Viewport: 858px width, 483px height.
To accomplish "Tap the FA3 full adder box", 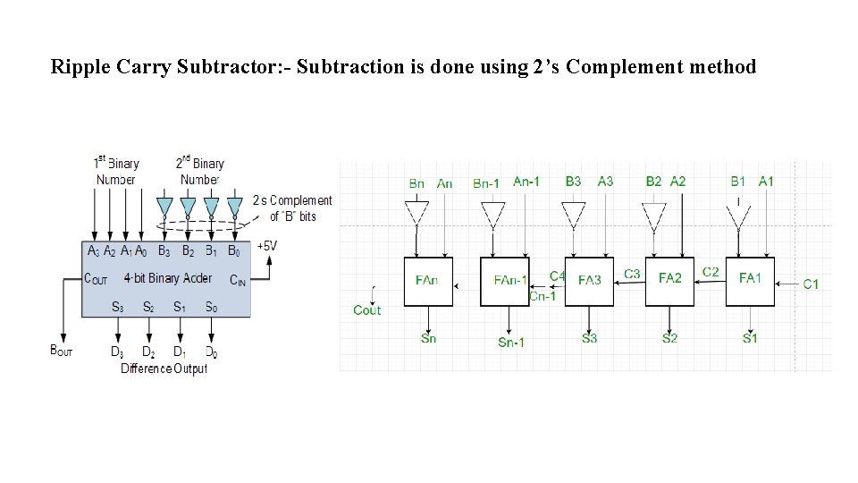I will [589, 281].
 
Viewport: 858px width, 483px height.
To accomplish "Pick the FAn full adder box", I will [428, 281].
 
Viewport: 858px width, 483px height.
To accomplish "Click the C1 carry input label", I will [811, 284].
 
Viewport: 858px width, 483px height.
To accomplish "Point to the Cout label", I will [366, 310].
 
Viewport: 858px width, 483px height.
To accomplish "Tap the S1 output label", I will [750, 338].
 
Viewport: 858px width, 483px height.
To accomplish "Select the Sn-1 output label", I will [510, 343].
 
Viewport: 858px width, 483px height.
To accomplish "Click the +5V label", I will [266, 245].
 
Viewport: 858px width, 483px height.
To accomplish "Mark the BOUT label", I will [62, 351].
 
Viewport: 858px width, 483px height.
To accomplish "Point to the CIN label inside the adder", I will [238, 280].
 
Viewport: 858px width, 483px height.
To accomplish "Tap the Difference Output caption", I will [164, 369].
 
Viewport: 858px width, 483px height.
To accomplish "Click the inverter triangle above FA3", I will [573, 214].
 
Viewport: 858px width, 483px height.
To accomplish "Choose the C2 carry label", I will [711, 272].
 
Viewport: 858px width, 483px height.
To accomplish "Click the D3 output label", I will [117, 352].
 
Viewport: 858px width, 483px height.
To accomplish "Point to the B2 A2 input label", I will [666, 182].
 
